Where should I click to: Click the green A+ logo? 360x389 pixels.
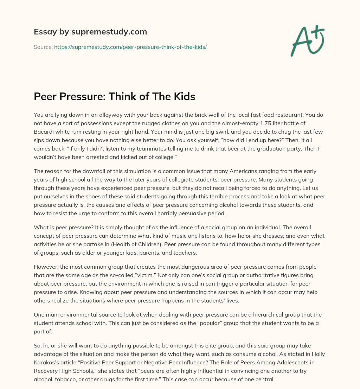coord(307,40)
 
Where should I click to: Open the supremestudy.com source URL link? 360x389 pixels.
coord(130,47)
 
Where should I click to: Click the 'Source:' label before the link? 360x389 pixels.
coord(43,47)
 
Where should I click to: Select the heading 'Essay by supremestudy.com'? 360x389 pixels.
coord(90,32)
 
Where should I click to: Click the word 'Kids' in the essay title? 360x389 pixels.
coord(181,97)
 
